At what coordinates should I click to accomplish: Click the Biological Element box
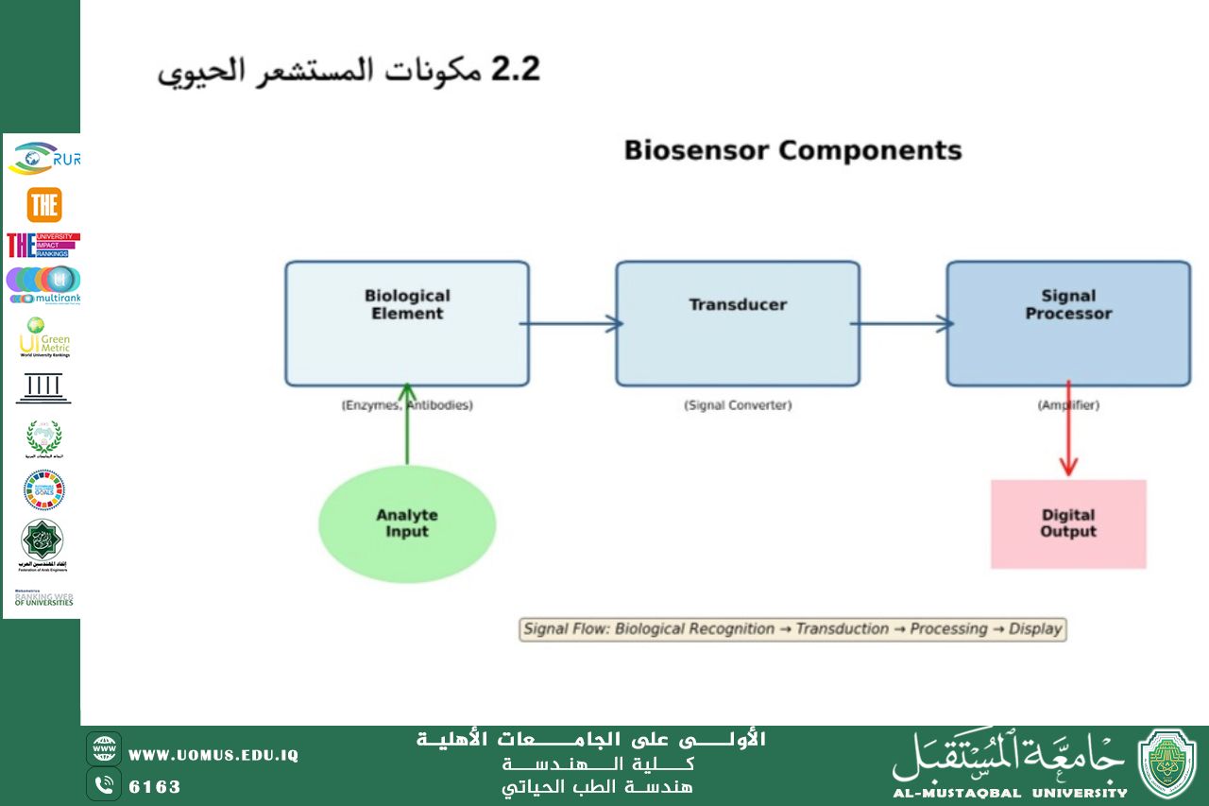point(407,323)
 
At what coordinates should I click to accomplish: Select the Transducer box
point(738,323)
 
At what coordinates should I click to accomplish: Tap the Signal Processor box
point(1068,323)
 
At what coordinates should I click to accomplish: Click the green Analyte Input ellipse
point(407,523)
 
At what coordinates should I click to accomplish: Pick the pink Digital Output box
point(1068,523)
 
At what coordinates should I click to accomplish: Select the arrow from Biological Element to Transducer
point(571,324)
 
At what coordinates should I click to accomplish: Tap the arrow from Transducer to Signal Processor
point(902,324)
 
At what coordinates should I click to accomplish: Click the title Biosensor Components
point(792,150)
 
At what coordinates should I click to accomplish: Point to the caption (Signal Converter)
point(738,405)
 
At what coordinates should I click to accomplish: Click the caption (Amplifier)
point(1068,405)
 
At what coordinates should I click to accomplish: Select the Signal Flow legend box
point(792,629)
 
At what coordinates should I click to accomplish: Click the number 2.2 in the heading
point(515,71)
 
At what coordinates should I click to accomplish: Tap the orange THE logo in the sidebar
point(43,205)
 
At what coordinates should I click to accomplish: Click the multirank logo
point(43,284)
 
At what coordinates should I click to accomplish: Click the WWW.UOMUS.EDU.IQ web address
point(213,755)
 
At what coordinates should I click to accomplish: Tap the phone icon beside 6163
point(104,785)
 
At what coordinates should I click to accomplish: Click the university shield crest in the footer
point(1167,764)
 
